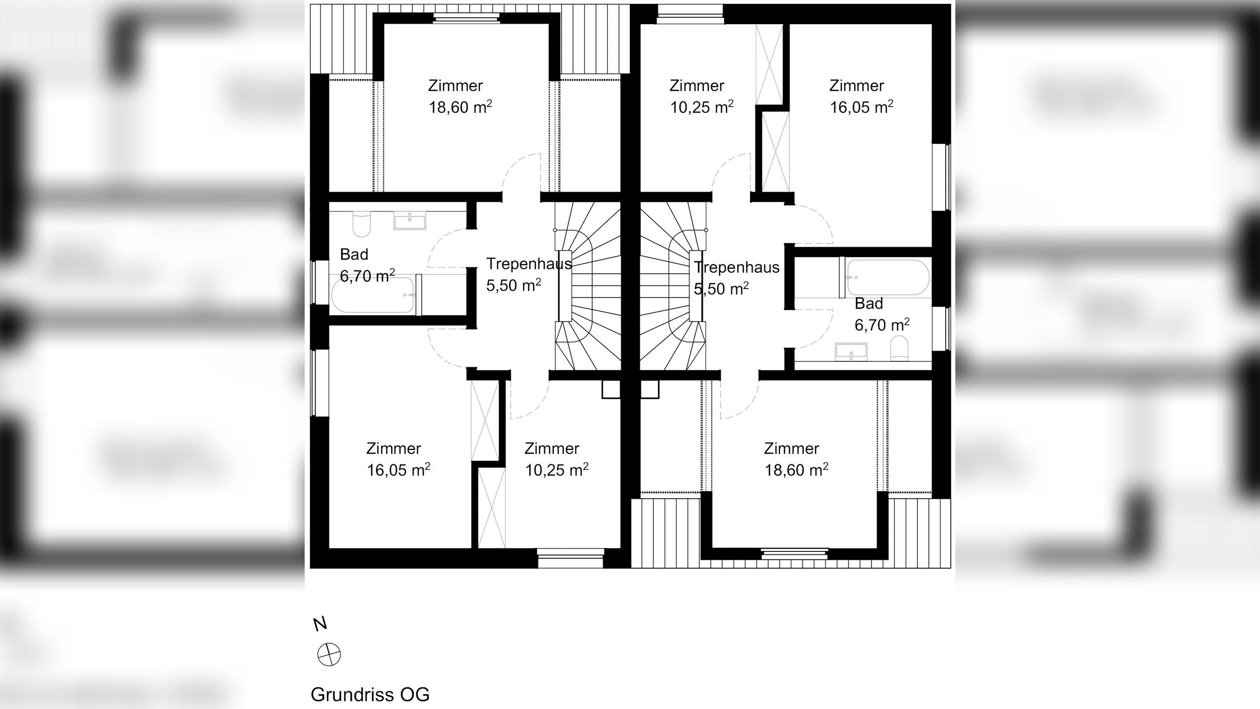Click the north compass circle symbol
[x=329, y=654]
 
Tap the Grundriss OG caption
[x=370, y=695]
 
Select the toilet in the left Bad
[x=362, y=224]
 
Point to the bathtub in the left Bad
[x=373, y=295]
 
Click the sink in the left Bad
[x=409, y=221]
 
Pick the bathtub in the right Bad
[x=887, y=277]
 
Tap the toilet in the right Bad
[x=899, y=348]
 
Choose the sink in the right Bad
[x=851, y=352]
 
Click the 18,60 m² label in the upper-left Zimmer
[x=460, y=107]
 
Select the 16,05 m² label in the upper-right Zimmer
[x=862, y=107]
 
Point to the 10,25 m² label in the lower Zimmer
[x=557, y=470]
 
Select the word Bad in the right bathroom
[x=869, y=303]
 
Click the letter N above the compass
[x=320, y=624]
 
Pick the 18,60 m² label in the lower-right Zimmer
[x=796, y=470]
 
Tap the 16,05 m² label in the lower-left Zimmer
[x=399, y=470]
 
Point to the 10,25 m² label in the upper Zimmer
[x=702, y=107]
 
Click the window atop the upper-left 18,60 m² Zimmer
[x=466, y=18]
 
